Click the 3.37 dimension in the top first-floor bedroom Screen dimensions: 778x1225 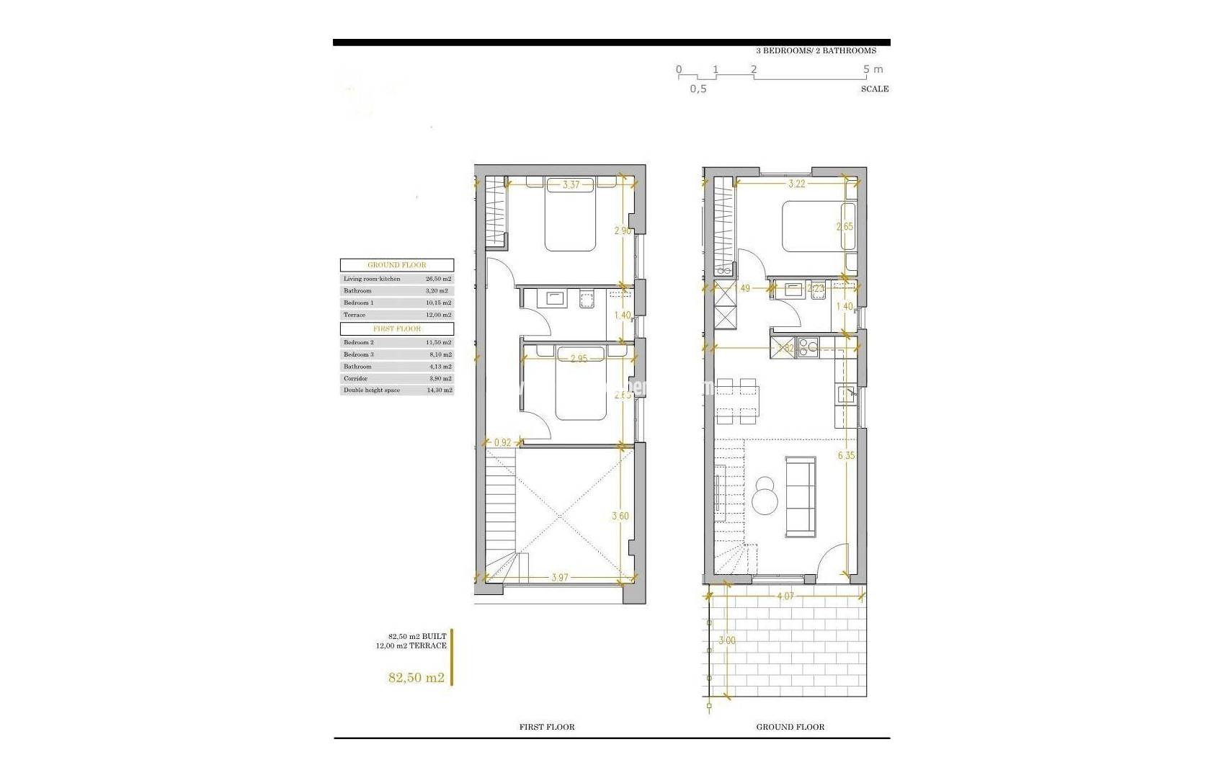click(571, 185)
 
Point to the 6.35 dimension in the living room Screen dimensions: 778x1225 click(846, 455)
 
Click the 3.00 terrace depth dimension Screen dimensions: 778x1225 click(727, 640)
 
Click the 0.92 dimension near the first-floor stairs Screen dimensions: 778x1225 click(502, 442)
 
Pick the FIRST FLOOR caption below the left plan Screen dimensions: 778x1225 click(547, 727)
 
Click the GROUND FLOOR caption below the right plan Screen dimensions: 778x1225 click(790, 727)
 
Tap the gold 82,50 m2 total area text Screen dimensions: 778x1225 click(416, 677)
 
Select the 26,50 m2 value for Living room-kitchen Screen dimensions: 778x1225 click(438, 279)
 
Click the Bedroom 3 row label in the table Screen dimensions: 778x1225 click(359, 354)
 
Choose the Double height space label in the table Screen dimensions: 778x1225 click(371, 390)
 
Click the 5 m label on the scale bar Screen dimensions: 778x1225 click(873, 70)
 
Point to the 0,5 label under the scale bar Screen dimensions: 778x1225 click(698, 89)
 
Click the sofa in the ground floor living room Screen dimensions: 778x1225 click(800, 497)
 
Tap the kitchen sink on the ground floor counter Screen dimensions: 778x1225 click(847, 393)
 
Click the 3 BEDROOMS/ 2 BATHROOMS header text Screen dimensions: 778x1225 click(816, 51)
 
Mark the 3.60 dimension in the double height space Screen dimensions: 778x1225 click(620, 516)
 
